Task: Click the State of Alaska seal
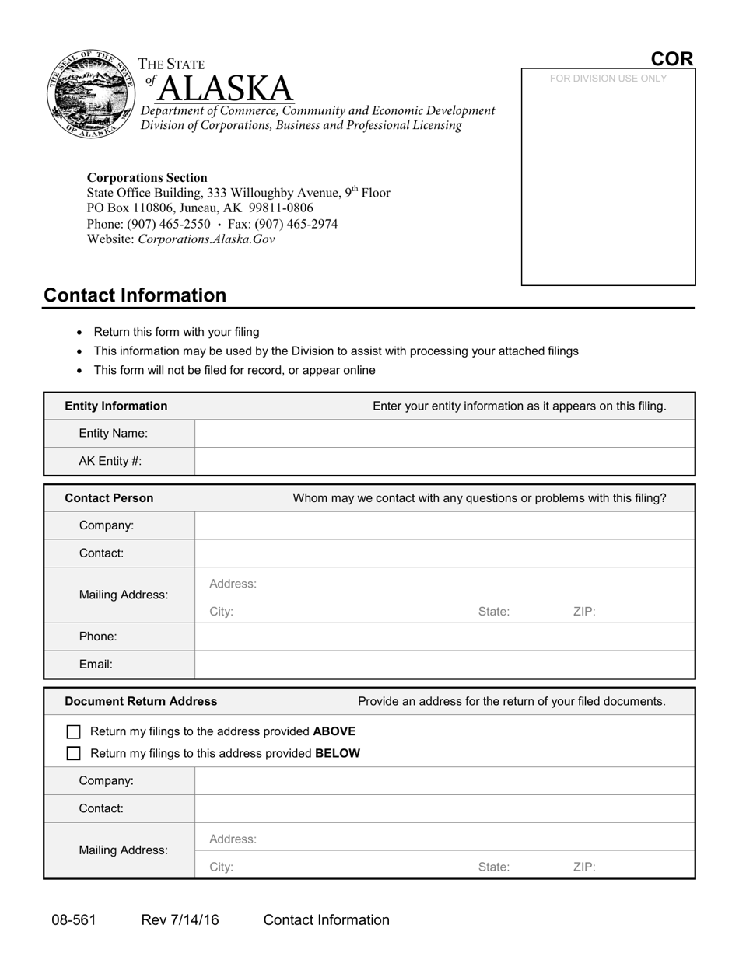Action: (x=90, y=94)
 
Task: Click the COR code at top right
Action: (x=671, y=59)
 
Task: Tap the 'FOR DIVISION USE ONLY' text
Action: (x=608, y=79)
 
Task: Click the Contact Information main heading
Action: (x=135, y=295)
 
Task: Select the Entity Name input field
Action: (x=444, y=434)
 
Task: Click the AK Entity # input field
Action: (x=444, y=461)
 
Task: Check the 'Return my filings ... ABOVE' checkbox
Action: (x=74, y=731)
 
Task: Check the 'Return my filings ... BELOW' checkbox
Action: (x=74, y=753)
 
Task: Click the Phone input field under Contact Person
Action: (x=444, y=637)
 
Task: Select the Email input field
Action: (x=444, y=665)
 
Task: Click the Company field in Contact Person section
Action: (x=444, y=525)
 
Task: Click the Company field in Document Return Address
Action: (x=444, y=780)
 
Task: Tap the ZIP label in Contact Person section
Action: (x=584, y=612)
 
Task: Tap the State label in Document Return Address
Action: (x=494, y=867)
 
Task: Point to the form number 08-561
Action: (x=74, y=920)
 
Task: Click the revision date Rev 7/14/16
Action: (x=180, y=920)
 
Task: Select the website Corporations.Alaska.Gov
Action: (x=206, y=239)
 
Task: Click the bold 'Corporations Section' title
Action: (x=147, y=177)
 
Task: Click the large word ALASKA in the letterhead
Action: (x=226, y=89)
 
